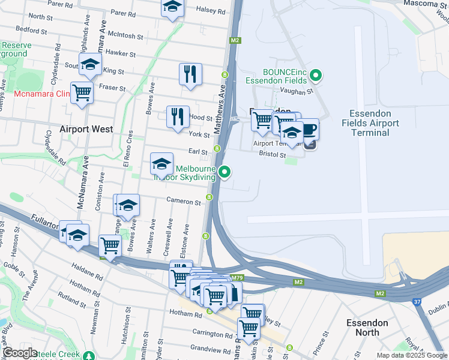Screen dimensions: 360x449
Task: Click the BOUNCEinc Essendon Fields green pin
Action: (x=318, y=76)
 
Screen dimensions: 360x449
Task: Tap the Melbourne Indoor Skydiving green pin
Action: (x=225, y=172)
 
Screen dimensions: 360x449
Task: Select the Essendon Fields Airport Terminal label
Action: (x=370, y=123)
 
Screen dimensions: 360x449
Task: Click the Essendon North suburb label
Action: (x=367, y=328)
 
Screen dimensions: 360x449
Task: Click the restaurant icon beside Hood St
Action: (x=177, y=116)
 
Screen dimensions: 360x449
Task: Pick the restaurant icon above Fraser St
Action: (x=190, y=74)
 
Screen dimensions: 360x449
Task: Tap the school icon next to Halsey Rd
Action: (x=172, y=8)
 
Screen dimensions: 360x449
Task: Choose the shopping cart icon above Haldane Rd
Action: (x=110, y=245)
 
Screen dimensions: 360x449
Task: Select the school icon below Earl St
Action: (x=161, y=164)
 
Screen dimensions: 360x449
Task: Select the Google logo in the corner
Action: (x=20, y=353)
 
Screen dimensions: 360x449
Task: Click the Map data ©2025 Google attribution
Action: (x=412, y=355)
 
